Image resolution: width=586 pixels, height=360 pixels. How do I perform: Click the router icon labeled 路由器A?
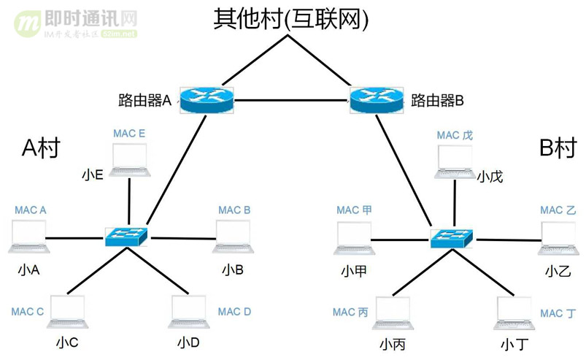(207, 99)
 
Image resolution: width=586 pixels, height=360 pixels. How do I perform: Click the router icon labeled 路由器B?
(376, 99)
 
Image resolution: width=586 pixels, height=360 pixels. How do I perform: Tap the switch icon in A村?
(127, 236)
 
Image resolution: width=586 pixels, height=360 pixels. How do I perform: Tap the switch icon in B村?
(452, 236)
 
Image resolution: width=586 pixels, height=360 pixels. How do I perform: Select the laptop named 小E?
(129, 161)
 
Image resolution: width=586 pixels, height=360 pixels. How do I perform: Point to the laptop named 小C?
(67, 313)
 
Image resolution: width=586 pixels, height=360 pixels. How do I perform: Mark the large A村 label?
(40, 148)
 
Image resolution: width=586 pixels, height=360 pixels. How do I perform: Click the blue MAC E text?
(129, 134)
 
